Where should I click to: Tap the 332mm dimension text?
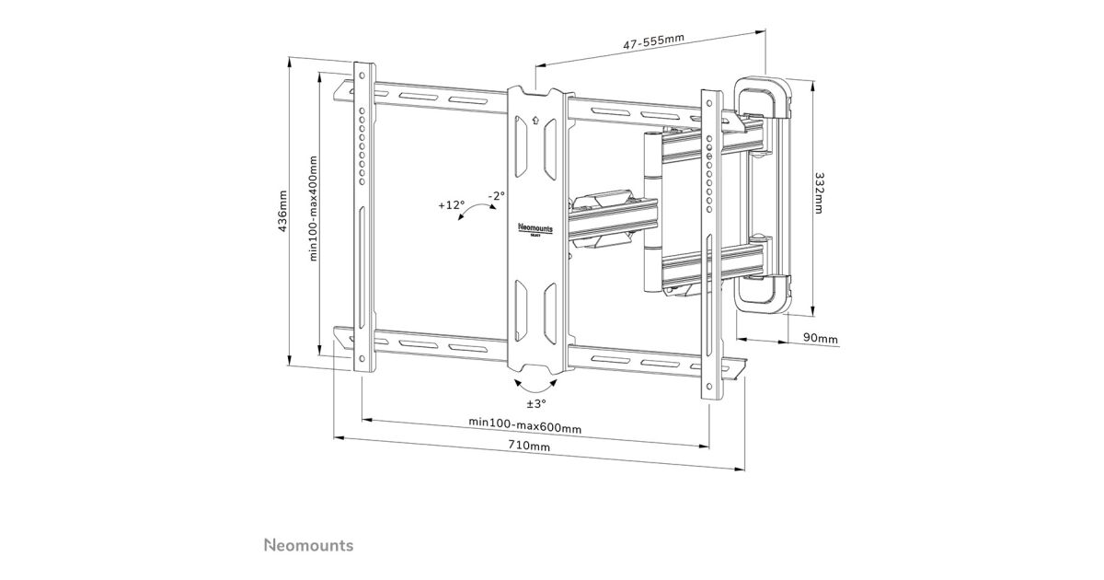pyautogui.click(x=818, y=193)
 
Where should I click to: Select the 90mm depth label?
pyautogui.click(x=820, y=339)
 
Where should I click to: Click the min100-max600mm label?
pyautogui.click(x=524, y=424)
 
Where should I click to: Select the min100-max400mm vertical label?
pyautogui.click(x=314, y=208)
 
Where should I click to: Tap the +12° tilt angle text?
pyautogui.click(x=452, y=205)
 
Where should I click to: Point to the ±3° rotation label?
pyautogui.click(x=535, y=403)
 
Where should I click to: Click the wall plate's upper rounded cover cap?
pyautogui.click(x=764, y=96)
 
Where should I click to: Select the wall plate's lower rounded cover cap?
pyautogui.click(x=763, y=293)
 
